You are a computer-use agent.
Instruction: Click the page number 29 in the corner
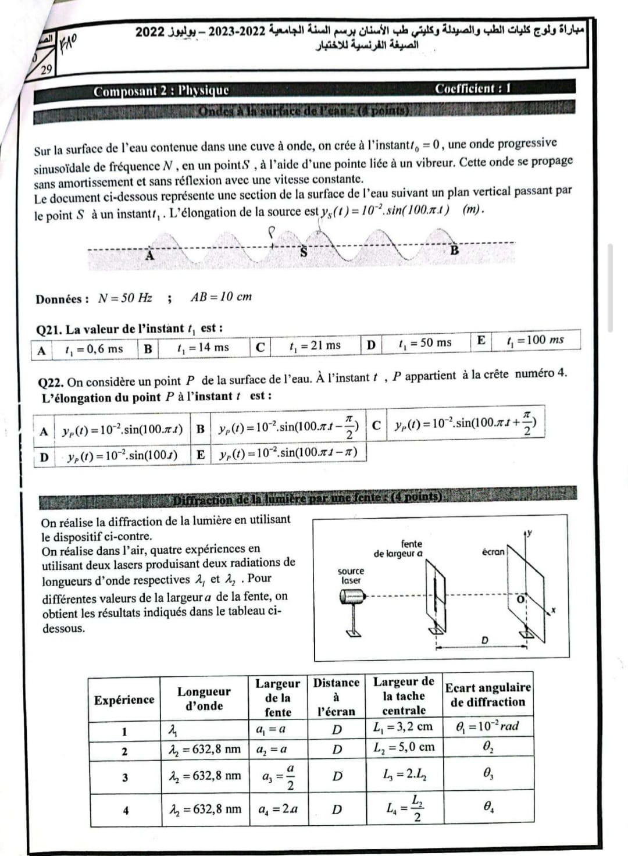pos(47,70)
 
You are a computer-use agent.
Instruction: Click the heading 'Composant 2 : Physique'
pos(161,91)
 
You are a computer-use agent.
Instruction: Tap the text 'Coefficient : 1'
pos(473,89)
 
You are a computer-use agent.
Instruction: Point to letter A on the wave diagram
pos(149,255)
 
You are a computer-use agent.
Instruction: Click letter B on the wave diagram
pos(455,251)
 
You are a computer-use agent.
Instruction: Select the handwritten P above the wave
pos(270,232)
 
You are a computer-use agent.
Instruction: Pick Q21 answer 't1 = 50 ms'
pos(425,343)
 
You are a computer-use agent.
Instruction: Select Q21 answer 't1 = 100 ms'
pos(535,340)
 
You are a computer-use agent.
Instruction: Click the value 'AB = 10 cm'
pos(221,297)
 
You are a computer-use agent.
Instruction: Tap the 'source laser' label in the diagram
pos(351,576)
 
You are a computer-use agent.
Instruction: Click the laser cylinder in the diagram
pos(352,597)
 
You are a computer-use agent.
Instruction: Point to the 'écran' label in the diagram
pos(493,552)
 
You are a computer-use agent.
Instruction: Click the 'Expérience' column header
pos(124,700)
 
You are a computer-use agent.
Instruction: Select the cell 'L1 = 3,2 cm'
pos(403,726)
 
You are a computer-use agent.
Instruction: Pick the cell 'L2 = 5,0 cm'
pos(404,747)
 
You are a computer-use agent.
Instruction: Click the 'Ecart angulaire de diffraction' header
pos(488,695)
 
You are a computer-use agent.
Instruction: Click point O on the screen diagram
pos(521,598)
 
